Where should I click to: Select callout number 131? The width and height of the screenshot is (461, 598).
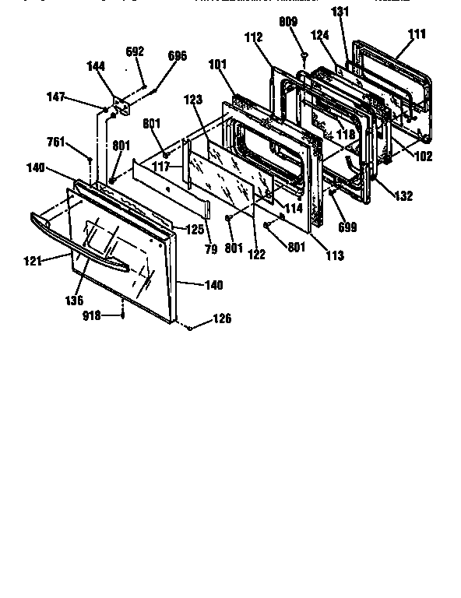(340, 12)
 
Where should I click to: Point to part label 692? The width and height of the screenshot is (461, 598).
(135, 51)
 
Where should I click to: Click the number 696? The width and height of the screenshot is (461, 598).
(178, 56)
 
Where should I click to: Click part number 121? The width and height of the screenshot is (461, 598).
(31, 261)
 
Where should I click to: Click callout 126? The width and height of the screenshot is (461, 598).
(222, 318)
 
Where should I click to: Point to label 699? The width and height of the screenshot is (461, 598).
(347, 227)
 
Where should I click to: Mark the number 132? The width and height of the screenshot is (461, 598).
(403, 196)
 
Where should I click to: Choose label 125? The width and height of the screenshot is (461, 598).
(196, 229)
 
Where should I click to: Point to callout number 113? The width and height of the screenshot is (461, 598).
(335, 255)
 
